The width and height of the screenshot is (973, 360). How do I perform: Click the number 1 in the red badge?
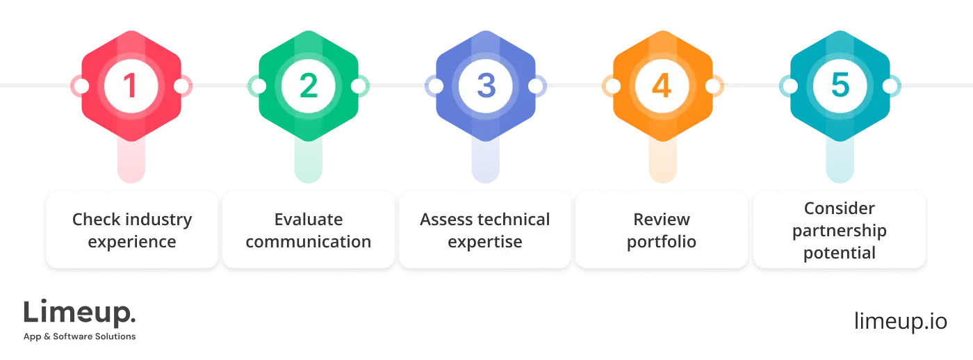tap(131, 86)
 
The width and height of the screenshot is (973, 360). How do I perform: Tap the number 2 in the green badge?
tap(308, 86)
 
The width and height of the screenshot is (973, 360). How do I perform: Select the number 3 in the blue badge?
tap(485, 86)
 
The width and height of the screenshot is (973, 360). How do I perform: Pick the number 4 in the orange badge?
tap(662, 86)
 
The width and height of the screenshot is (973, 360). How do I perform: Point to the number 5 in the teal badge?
tap(840, 86)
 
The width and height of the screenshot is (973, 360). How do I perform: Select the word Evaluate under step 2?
tap(308, 220)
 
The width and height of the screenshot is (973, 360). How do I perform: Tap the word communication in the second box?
tap(308, 242)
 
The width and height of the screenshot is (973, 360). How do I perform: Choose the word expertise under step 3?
tap(485, 242)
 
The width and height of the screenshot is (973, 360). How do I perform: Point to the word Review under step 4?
tap(662, 220)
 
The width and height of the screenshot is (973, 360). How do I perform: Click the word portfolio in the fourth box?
tap(662, 243)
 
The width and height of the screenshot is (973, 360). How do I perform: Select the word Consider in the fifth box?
tap(840, 208)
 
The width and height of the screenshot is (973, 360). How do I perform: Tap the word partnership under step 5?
tap(840, 231)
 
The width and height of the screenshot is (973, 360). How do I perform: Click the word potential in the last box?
tap(840, 253)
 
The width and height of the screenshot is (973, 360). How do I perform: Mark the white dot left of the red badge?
tap(81, 86)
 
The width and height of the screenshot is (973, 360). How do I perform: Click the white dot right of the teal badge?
tap(890, 86)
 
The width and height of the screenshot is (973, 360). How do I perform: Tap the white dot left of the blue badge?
tap(435, 86)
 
